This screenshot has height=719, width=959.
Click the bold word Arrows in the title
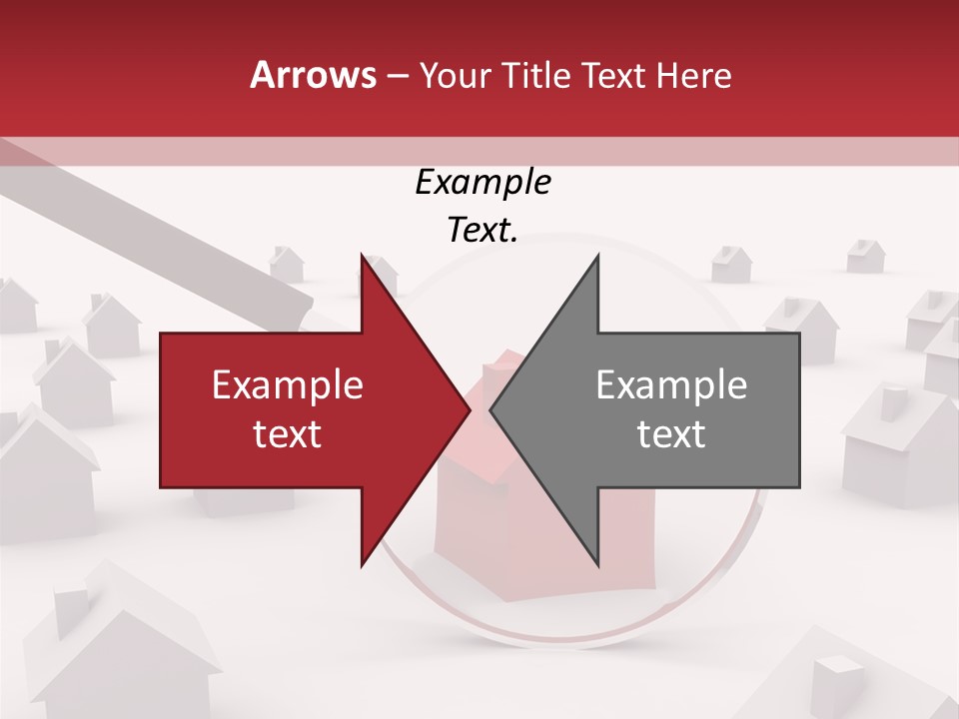pyautogui.click(x=314, y=75)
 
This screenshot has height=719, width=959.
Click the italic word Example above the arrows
pyautogui.click(x=482, y=183)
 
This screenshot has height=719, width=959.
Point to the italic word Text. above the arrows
pyautogui.click(x=482, y=231)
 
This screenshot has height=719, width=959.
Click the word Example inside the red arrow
pyautogui.click(x=287, y=385)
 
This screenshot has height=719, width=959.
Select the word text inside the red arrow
pyautogui.click(x=287, y=434)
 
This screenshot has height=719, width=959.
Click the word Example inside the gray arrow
pyautogui.click(x=671, y=385)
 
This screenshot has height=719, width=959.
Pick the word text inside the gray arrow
pyautogui.click(x=671, y=434)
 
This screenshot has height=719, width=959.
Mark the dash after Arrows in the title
pyautogui.click(x=396, y=76)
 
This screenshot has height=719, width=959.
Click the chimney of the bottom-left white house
pyautogui.click(x=72, y=610)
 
